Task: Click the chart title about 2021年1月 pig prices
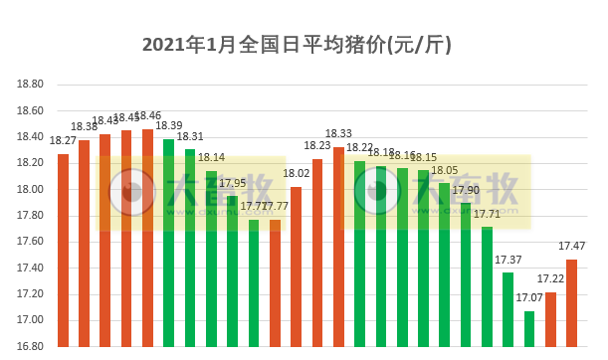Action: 298,45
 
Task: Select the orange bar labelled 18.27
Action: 63,250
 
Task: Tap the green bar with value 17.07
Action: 529,329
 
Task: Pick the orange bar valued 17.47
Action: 571,303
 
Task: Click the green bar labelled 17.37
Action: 508,309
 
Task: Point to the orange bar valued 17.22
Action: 550,319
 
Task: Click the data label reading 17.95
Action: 233,183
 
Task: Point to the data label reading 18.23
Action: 317,145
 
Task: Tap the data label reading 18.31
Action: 190,136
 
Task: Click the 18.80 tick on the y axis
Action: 31,85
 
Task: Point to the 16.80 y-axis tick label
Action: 31,346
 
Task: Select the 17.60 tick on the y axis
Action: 31,242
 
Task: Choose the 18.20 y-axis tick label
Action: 31,163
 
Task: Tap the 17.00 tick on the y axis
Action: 31,320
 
